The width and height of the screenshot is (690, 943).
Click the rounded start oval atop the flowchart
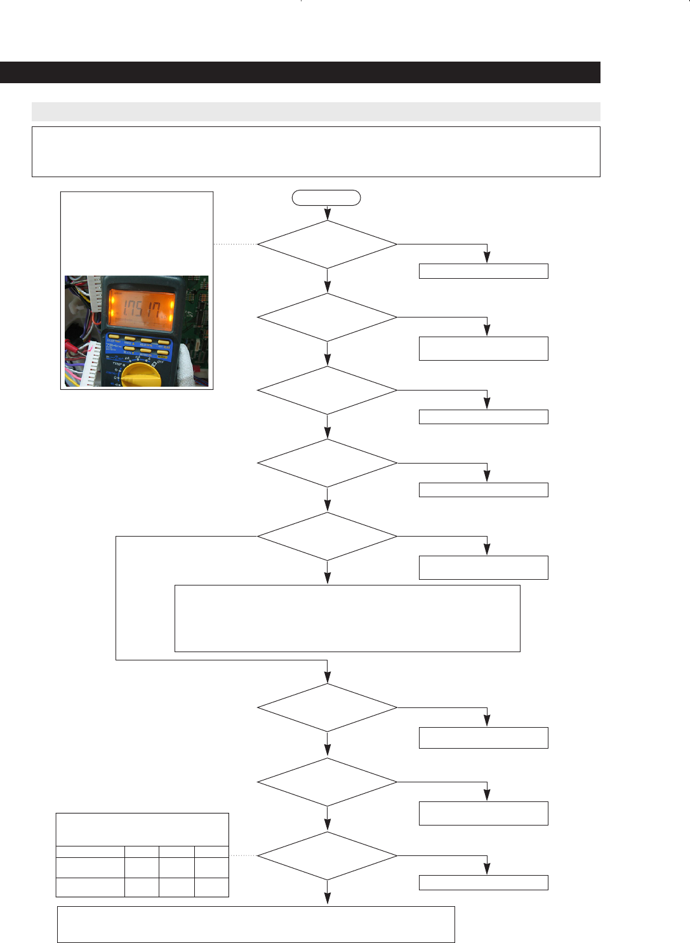pyautogui.click(x=326, y=197)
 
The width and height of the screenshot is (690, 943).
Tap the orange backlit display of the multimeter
pyautogui.click(x=141, y=311)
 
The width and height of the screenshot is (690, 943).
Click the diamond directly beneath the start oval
pyautogui.click(x=327, y=244)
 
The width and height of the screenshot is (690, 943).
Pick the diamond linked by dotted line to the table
pyautogui.click(x=327, y=856)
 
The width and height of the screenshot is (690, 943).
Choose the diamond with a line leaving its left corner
pyautogui.click(x=327, y=537)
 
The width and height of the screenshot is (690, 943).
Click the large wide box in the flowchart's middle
pyautogui.click(x=347, y=618)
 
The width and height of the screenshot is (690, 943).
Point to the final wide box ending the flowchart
pyautogui.click(x=256, y=924)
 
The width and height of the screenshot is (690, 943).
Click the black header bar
pyautogui.click(x=300, y=72)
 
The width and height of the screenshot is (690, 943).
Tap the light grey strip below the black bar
pyautogui.click(x=315, y=112)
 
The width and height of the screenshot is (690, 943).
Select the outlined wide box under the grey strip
pyautogui.click(x=315, y=152)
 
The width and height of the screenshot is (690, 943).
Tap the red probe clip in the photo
pyautogui.click(x=71, y=349)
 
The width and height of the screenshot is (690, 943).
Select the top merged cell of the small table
pyautogui.click(x=142, y=829)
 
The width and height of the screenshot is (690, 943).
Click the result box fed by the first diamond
pyautogui.click(x=483, y=271)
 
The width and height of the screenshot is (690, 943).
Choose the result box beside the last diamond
pyautogui.click(x=483, y=882)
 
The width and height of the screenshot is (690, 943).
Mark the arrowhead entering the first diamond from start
pyautogui.click(x=327, y=215)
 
